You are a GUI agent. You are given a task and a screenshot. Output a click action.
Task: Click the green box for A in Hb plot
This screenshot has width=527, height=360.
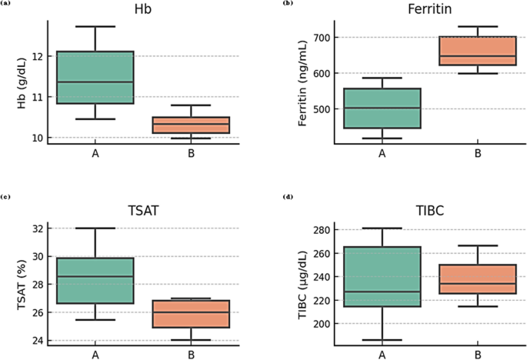tap(95, 77)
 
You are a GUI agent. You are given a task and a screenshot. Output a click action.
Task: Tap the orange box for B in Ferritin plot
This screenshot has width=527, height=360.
tap(478, 51)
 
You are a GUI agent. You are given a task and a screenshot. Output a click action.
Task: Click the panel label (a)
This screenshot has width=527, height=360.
tap(6, 4)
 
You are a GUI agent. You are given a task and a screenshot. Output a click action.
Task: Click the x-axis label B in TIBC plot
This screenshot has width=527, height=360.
tap(478, 355)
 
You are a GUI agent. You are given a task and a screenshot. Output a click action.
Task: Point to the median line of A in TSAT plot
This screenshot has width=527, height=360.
tap(95, 276)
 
